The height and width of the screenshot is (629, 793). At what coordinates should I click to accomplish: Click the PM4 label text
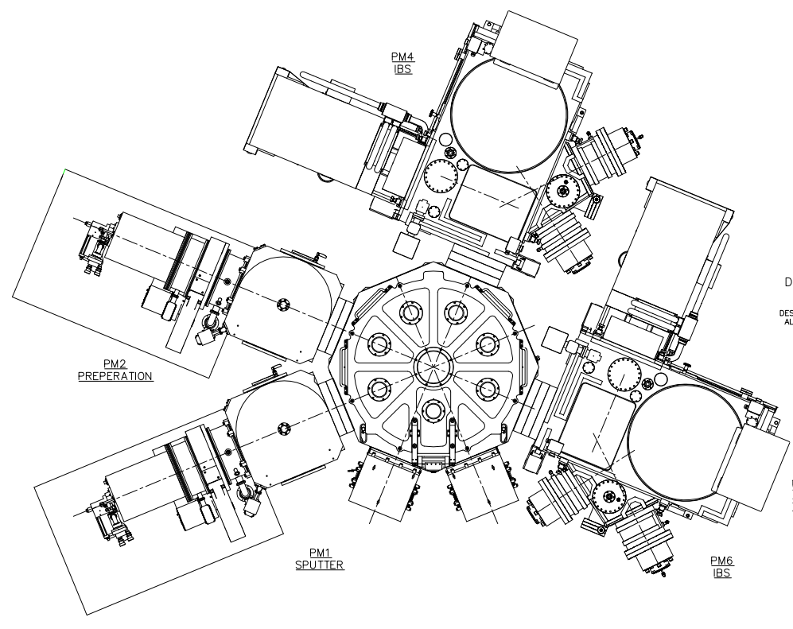(x=401, y=56)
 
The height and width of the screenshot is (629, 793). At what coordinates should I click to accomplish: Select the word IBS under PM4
(x=401, y=68)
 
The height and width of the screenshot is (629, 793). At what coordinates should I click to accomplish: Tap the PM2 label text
(x=115, y=364)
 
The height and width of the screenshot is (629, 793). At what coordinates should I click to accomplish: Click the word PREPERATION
(x=115, y=376)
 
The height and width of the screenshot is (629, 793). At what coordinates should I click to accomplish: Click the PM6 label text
(x=721, y=561)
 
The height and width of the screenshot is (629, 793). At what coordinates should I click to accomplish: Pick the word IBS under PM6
(x=721, y=573)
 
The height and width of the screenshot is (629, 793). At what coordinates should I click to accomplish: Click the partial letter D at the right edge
(x=788, y=281)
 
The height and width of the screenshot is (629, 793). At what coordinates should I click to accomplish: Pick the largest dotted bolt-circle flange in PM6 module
(x=625, y=374)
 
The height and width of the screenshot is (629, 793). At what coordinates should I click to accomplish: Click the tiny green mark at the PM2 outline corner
(x=64, y=169)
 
